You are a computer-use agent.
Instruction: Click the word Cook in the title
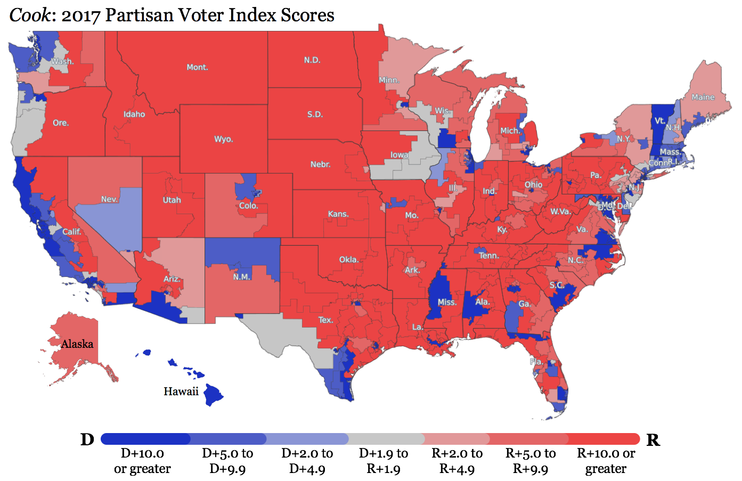[x=30, y=15]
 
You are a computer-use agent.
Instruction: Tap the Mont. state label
[x=197, y=67]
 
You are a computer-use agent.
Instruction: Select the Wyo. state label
[x=223, y=139]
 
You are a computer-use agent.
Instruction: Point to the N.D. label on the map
[x=312, y=60]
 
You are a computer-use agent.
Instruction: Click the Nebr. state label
[x=320, y=164]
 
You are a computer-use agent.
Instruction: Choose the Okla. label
[x=349, y=259]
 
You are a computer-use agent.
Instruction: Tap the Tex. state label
[x=325, y=320]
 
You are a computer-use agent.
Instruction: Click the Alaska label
[x=77, y=344]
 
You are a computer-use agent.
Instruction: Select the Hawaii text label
[x=181, y=392]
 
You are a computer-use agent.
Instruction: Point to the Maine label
[x=703, y=97]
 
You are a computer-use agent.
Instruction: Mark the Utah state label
[x=172, y=200]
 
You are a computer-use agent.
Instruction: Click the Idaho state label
[x=134, y=114]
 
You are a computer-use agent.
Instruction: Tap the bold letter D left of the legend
[x=87, y=439]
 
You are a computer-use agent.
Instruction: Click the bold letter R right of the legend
[x=653, y=440]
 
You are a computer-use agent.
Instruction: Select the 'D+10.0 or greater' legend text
[x=142, y=461]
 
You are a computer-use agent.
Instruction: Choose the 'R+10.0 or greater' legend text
[x=606, y=461]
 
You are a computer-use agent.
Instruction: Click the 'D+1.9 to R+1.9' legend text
[x=383, y=461]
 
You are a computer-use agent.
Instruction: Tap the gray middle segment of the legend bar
[x=386, y=439]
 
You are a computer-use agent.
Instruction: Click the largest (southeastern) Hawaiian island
[x=214, y=395]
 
